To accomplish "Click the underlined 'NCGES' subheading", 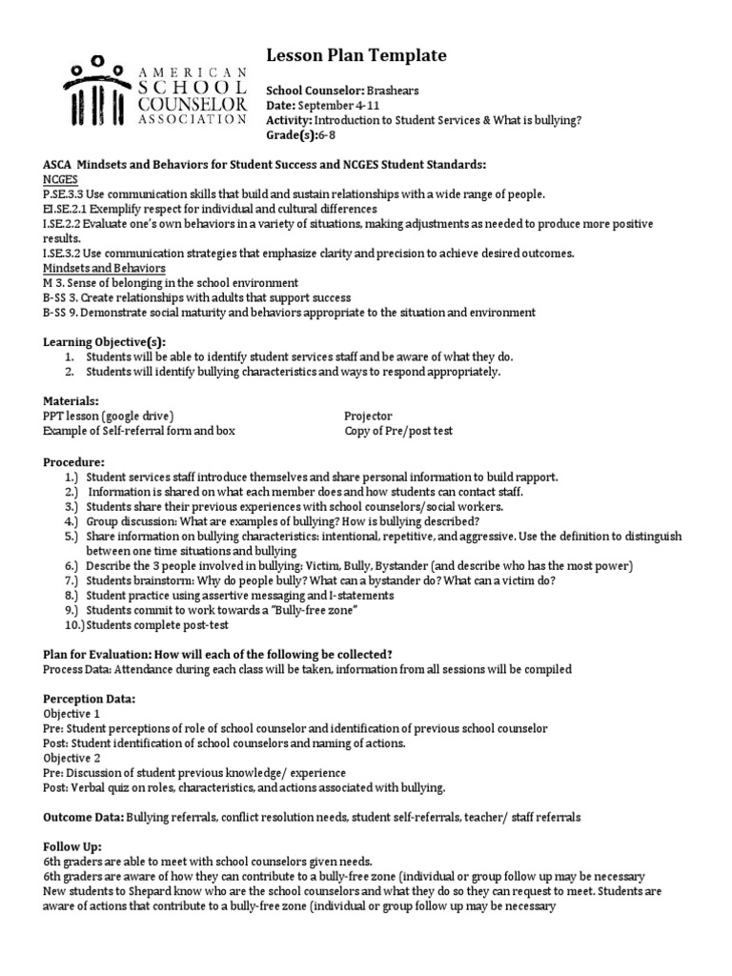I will tap(61, 179).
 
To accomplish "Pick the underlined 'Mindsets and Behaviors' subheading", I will tap(104, 269).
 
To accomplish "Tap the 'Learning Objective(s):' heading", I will tap(104, 341).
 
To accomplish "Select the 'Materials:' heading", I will tap(71, 401).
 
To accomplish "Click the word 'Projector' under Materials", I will tap(368, 417).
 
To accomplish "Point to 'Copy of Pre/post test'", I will tap(398, 431).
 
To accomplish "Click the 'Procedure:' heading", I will tap(74, 461).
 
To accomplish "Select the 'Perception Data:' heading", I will tap(90, 699).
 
